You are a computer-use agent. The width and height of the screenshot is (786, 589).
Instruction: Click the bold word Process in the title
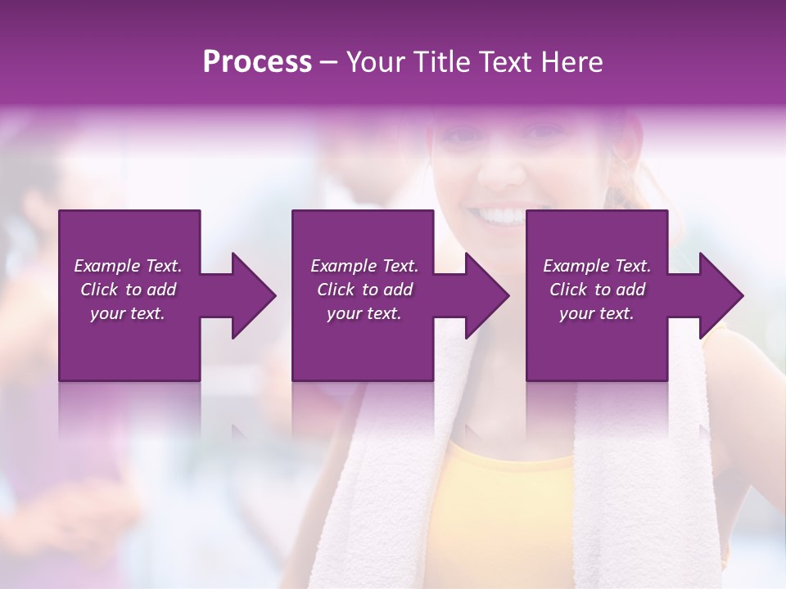(257, 62)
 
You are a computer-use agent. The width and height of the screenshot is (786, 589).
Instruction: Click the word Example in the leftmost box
(106, 266)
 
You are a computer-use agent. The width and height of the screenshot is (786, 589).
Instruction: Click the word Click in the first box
(100, 290)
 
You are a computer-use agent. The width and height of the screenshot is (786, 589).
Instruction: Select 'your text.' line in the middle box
(364, 313)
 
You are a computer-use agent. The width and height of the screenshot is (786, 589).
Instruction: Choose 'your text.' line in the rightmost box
(597, 313)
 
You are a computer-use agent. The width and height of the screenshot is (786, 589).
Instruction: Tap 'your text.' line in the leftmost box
(128, 313)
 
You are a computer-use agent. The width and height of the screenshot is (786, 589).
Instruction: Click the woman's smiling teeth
(501, 216)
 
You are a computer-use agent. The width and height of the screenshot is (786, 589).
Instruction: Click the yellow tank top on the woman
(508, 507)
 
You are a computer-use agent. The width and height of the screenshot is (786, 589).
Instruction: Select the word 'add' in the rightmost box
(630, 290)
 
